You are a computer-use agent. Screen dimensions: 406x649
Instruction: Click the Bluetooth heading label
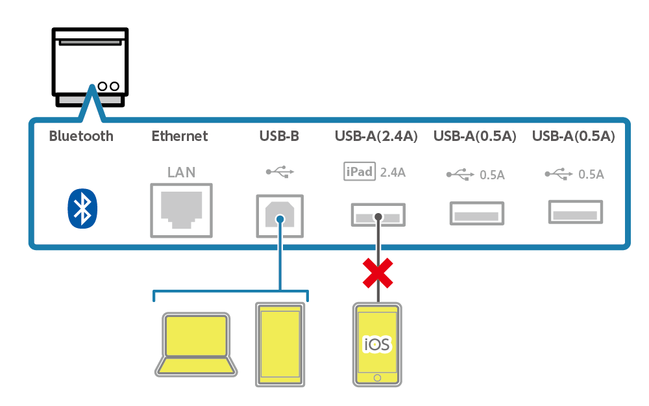(81, 136)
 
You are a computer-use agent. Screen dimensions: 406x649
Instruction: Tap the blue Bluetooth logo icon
(82, 209)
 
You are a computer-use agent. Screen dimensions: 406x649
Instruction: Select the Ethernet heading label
(180, 136)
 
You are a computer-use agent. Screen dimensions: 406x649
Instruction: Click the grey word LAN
(181, 172)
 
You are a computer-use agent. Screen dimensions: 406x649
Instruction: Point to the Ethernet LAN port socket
(181, 209)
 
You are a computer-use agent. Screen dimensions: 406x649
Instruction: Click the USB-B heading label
(279, 136)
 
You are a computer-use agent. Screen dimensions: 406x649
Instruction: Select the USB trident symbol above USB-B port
(280, 172)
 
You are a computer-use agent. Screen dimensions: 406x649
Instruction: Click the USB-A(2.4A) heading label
(376, 136)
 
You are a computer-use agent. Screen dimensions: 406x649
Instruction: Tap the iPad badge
(359, 171)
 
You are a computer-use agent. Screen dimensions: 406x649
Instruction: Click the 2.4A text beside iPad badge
(393, 172)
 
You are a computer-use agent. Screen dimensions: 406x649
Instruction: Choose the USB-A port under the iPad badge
(378, 214)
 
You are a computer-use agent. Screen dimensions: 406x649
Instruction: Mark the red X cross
(378, 273)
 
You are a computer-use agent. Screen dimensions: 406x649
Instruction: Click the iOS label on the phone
(377, 344)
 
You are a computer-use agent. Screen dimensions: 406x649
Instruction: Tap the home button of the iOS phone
(377, 377)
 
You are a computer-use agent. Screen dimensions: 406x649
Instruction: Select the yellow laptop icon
(195, 344)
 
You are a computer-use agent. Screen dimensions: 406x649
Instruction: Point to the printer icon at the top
(91, 68)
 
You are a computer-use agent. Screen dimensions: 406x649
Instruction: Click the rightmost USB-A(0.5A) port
(575, 212)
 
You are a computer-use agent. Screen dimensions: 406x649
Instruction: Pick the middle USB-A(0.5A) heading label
(475, 136)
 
